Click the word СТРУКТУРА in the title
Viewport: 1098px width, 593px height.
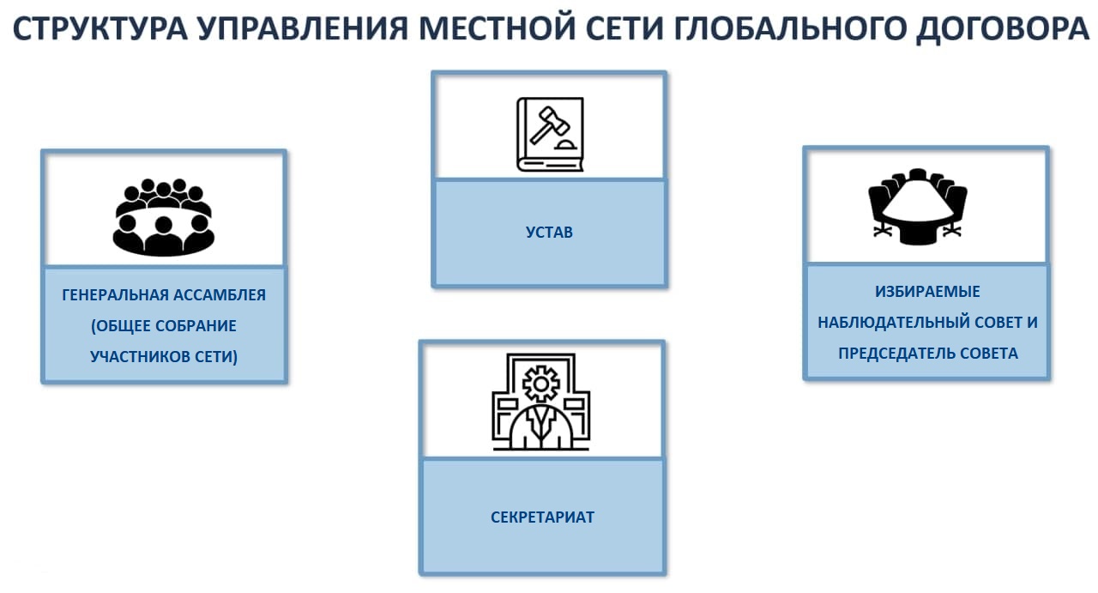[x=100, y=28]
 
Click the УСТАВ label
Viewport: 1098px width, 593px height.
[x=549, y=232]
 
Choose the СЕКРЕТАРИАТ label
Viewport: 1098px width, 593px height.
[x=543, y=517]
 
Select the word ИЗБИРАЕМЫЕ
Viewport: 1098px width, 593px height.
[x=927, y=292]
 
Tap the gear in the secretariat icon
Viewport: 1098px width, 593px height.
[x=540, y=384]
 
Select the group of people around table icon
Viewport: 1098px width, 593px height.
[x=163, y=216]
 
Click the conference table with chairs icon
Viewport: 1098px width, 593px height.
[x=918, y=206]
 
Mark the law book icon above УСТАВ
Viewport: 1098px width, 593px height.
[x=550, y=135]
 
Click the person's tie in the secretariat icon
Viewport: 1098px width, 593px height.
[x=541, y=423]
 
